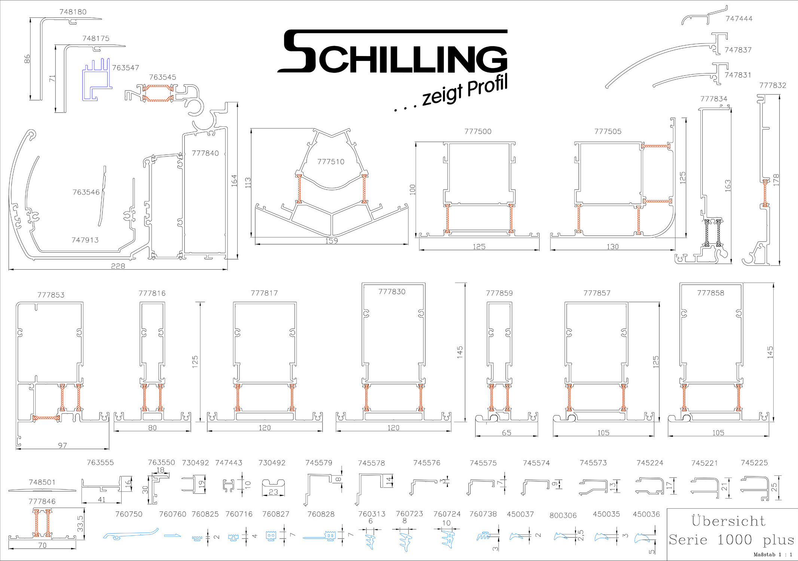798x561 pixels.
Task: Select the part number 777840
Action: coord(205,153)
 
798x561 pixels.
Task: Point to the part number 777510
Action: coord(331,162)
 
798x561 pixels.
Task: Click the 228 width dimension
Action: coord(118,266)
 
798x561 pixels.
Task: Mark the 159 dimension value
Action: coord(331,241)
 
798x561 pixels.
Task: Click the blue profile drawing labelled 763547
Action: coord(97,79)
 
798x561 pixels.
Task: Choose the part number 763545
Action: coord(162,77)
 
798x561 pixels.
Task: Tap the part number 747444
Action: coord(739,19)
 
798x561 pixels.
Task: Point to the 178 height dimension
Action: coord(776,180)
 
